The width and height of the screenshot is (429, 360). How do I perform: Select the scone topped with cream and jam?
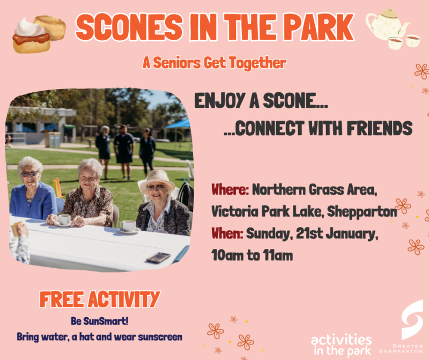point(31,36)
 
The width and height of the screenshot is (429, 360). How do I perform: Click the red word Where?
point(230,190)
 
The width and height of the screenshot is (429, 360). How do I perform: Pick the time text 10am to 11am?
point(252,255)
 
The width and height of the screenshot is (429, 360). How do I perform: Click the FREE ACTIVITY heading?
point(100,299)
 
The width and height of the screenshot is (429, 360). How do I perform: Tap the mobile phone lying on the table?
point(158,258)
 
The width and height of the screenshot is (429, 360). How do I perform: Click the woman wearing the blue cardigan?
point(32,193)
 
